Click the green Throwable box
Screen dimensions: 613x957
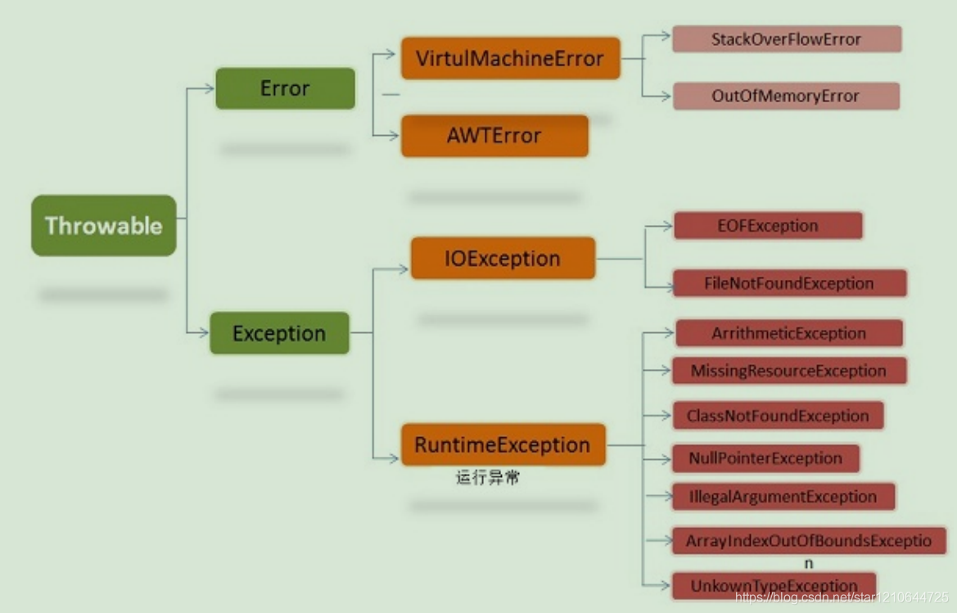point(103,226)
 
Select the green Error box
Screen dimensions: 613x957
point(285,88)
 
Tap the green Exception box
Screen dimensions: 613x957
point(279,333)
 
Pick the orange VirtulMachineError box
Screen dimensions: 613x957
point(510,59)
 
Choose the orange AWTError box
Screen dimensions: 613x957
point(494,136)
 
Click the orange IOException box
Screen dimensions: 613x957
point(503,259)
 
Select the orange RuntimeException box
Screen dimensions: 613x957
point(503,445)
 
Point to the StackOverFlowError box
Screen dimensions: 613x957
point(786,39)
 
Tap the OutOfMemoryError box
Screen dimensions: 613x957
point(785,96)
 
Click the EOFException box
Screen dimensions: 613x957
point(767,226)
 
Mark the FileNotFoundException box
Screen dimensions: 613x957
point(789,283)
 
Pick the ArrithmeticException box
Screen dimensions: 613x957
point(788,333)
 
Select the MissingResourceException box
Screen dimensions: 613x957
point(788,371)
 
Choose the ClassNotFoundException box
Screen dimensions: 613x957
point(778,415)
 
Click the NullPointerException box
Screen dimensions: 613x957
point(765,458)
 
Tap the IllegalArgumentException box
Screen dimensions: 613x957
point(783,496)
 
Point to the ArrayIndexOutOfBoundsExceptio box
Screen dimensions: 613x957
point(809,541)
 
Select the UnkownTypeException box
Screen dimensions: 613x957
point(774,584)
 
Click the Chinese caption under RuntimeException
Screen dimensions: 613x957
point(488,478)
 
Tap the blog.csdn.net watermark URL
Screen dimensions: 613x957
point(842,598)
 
